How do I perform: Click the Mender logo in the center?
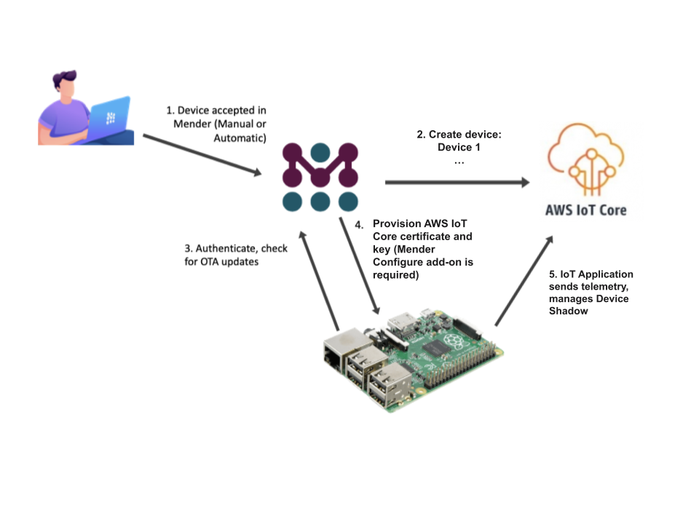pos(320,177)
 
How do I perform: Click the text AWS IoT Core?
pos(585,210)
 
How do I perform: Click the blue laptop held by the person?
pos(109,119)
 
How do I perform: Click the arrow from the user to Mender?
pos(202,155)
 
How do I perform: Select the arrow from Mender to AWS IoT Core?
pos(457,183)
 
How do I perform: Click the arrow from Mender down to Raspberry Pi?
pos(359,266)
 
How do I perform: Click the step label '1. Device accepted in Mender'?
pos(217,124)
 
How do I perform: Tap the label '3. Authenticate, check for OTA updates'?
pos(236,255)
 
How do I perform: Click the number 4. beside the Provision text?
pos(359,225)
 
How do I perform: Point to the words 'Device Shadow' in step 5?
pos(589,305)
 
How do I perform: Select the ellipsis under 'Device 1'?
pos(459,162)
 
